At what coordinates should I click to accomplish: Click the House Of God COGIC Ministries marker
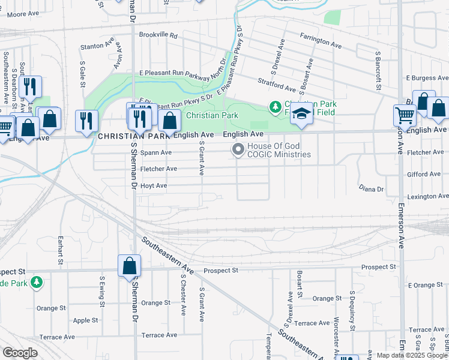(238, 150)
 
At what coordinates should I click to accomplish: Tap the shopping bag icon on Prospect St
(129, 266)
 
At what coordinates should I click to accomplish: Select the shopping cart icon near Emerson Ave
(405, 115)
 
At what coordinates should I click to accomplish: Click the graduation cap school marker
(301, 114)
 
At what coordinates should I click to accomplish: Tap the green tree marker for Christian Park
(276, 107)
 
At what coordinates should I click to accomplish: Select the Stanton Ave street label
(97, 46)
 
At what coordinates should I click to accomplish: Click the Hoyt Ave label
(153, 186)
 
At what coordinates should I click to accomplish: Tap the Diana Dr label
(371, 188)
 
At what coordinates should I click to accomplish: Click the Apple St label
(85, 320)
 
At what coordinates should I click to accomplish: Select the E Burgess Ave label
(427, 78)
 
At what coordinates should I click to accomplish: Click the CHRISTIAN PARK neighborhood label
(134, 136)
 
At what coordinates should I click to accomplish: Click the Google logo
(20, 353)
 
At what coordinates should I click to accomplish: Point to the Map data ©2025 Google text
(412, 355)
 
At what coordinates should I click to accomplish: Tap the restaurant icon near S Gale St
(86, 120)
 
